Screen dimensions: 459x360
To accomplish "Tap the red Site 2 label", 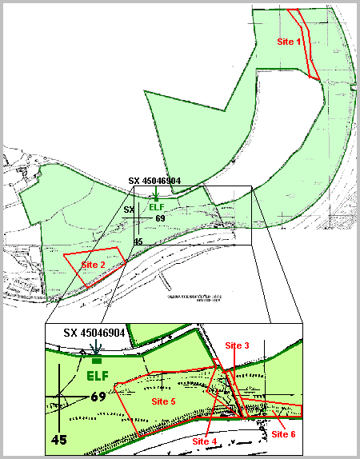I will (93, 265).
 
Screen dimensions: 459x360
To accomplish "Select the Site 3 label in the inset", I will (237, 345).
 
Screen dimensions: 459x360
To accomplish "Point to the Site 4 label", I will (204, 440).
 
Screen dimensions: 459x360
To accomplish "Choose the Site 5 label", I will (163, 401).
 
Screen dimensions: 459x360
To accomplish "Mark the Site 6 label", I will (283, 433).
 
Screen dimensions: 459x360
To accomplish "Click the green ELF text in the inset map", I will (98, 375).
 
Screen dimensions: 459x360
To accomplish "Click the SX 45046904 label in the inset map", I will (94, 332).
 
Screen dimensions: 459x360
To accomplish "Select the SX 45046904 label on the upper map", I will (160, 182).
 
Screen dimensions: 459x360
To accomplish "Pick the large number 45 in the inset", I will (58, 439).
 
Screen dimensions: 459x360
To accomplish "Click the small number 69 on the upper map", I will (160, 218).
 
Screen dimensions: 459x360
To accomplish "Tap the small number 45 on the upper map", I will (138, 241).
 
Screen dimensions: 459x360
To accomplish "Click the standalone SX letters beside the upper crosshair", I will (129, 210).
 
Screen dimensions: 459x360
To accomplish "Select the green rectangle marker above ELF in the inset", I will (98, 362).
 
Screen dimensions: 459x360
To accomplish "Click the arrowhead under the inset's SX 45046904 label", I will (95, 350).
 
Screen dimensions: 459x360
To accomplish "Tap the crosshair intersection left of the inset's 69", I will (60, 397).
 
